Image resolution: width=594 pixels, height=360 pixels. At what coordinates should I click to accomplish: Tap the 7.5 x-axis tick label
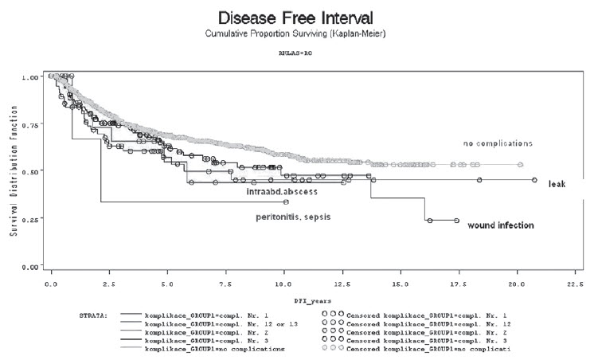point(226,283)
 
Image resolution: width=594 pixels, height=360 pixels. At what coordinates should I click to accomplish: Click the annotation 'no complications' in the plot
point(498,143)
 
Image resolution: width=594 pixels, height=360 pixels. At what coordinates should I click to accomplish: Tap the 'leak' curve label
point(556,183)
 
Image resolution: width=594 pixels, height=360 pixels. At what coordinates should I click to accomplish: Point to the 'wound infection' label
point(500,225)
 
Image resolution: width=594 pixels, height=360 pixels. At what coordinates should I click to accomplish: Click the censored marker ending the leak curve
point(534,180)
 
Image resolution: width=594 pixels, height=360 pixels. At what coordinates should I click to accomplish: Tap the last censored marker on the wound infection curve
point(456,221)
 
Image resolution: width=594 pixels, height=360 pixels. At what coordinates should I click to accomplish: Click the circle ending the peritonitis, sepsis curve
point(286,202)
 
